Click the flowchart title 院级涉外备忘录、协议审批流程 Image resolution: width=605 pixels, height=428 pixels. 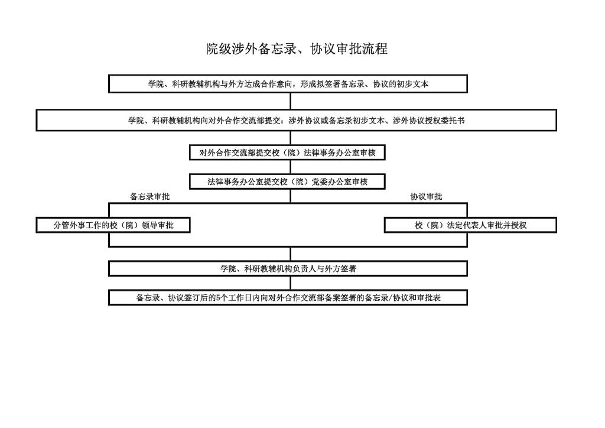[297, 49]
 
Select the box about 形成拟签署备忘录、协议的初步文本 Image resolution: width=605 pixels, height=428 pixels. [288, 84]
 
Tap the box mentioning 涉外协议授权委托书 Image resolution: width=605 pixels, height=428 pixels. [297, 121]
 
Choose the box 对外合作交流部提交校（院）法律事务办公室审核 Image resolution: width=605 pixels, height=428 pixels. [288, 153]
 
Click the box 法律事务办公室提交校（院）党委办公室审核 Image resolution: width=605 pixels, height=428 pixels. [288, 181]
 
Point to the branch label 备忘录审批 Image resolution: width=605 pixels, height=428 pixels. [149, 196]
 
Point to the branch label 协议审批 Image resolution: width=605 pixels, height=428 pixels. [426, 196]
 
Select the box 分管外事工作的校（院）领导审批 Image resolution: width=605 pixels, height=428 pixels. [113, 225]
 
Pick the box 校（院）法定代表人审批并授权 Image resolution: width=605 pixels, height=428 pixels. [470, 225]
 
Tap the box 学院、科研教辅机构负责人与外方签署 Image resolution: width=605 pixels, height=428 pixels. [288, 268]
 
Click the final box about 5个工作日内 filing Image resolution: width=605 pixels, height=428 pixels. [288, 297]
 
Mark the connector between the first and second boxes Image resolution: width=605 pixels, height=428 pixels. [291, 101]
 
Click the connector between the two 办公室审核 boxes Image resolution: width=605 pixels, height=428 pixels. [291, 167]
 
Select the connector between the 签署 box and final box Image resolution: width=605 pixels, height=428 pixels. [291, 283]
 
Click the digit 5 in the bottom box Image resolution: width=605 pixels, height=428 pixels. [219, 297]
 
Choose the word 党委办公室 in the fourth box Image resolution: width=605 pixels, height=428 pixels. [331, 181]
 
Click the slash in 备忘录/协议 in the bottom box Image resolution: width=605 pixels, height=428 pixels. [391, 298]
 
